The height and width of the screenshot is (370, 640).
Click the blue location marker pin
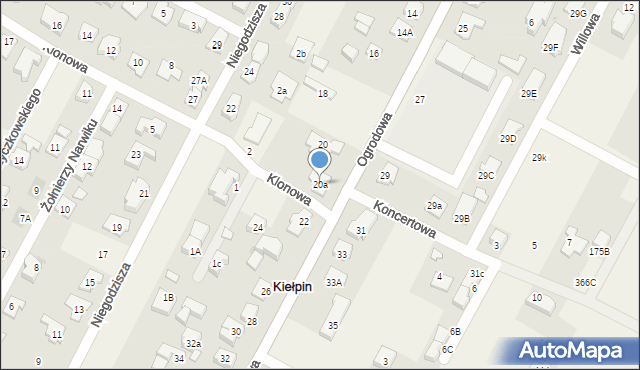(319, 160)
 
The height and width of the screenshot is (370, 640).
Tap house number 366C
(585, 283)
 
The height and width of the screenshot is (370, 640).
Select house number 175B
(599, 251)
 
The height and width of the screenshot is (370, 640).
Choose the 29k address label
(539, 158)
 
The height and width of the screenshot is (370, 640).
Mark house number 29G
(578, 14)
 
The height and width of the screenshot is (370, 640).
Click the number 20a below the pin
(320, 185)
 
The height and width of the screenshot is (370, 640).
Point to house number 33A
(333, 283)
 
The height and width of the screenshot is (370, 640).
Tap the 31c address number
(477, 274)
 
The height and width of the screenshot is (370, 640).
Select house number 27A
(199, 80)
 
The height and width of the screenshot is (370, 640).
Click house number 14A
(404, 33)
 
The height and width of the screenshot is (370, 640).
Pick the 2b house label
(300, 53)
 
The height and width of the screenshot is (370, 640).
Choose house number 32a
(193, 344)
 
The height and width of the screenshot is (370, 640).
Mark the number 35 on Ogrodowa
(333, 326)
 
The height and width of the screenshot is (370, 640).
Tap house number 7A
(24, 218)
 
